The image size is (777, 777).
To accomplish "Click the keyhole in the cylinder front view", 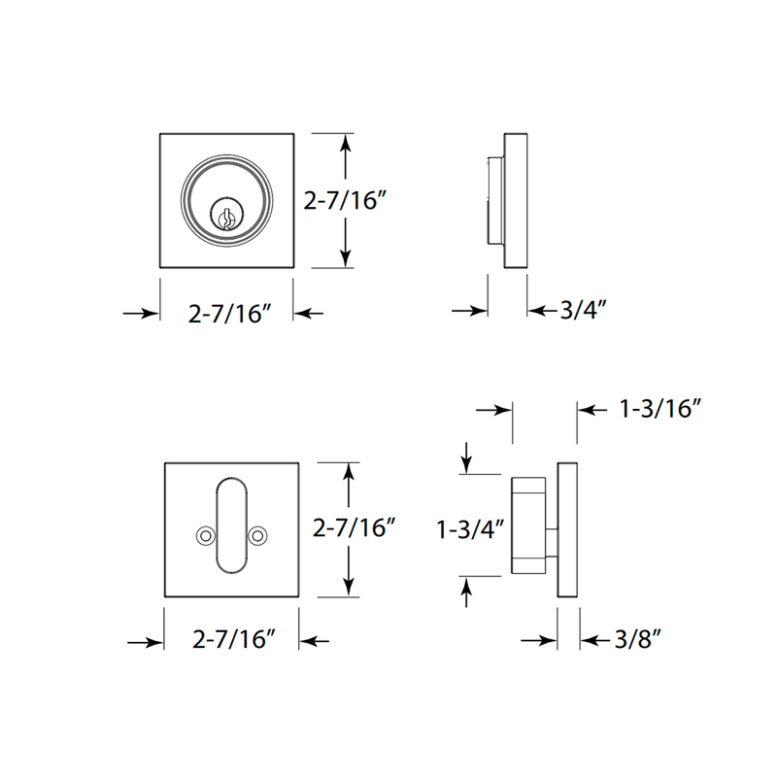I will (224, 216).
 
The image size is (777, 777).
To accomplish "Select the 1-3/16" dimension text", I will (659, 410).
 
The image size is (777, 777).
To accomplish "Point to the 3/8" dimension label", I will (637, 640).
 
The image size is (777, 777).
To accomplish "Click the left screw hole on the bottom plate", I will (204, 535).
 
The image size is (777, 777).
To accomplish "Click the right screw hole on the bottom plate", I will (257, 535).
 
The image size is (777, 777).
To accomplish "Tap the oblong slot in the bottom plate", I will (231, 525).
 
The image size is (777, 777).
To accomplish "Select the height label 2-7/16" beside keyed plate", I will (346, 201).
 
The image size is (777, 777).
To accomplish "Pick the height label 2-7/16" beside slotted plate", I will (355, 529).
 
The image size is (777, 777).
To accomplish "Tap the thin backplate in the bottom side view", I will (567, 530).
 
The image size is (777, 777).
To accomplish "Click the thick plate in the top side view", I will (516, 200).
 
